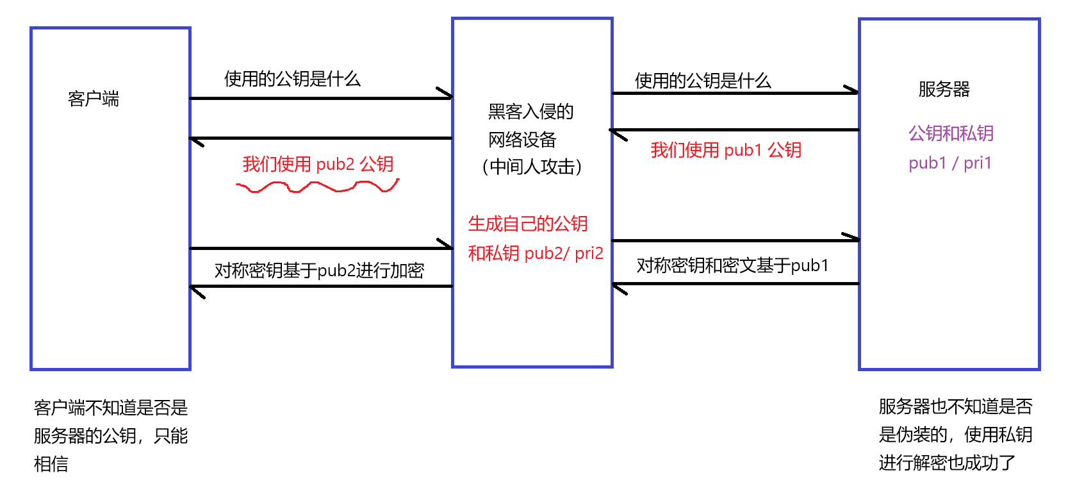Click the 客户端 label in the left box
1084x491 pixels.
coord(94,99)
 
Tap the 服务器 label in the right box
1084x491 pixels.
coord(944,89)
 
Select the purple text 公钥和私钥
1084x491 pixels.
coord(951,133)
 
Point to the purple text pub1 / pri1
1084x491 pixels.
coord(950,163)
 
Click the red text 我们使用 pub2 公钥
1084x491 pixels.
coord(318,164)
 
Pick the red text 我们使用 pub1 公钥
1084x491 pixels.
coord(726,150)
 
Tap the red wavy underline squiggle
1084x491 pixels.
coord(318,187)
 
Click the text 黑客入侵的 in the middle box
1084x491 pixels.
coord(530,112)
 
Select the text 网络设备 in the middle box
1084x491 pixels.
coord(522,140)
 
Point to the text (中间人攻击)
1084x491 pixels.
coord(532,167)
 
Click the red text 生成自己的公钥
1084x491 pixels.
coord(528,224)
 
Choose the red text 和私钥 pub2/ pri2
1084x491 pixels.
coord(536,253)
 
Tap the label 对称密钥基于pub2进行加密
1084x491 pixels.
coord(319,270)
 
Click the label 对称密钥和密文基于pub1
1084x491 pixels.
coord(732,265)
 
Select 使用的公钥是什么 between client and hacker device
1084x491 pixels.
coord(292,79)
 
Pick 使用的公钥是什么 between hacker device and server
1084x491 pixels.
coord(703,81)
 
